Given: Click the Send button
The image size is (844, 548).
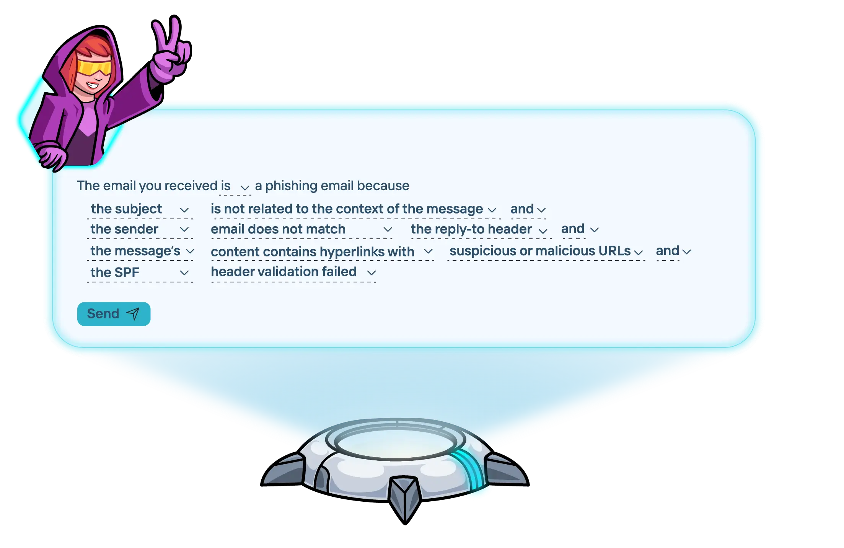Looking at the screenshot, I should (x=114, y=314).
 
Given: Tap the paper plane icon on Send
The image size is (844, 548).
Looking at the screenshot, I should (x=133, y=314).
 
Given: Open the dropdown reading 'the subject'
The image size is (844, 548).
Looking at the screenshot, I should (x=140, y=209).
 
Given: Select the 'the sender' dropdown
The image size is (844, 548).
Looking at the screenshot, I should (x=140, y=230).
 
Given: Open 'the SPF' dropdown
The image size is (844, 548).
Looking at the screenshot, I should (x=140, y=272).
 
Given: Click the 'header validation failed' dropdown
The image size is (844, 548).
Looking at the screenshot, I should (x=293, y=272).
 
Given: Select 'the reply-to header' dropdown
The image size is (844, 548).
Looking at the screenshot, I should (x=478, y=230).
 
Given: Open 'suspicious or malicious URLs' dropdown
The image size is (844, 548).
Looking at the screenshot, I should (x=546, y=251).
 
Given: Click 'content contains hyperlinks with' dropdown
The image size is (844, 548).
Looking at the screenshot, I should (x=321, y=252).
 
